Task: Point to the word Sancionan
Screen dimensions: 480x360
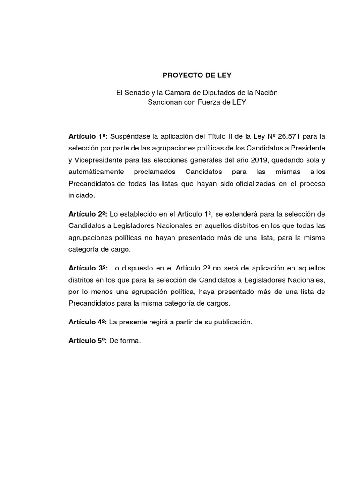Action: tap(164, 102)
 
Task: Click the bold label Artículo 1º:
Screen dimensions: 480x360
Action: tap(88, 136)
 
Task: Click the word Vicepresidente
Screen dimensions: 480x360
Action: tap(97, 160)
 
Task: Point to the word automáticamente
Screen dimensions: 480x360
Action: tap(97, 172)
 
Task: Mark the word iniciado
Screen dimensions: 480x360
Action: tap(82, 195)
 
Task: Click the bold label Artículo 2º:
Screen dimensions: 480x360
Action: tap(88, 214)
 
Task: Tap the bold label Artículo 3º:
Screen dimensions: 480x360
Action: tap(88, 268)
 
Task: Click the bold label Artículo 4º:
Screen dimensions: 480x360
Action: tap(88, 322)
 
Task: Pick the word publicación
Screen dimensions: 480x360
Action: tap(231, 322)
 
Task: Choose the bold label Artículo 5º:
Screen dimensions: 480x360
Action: tap(88, 342)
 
